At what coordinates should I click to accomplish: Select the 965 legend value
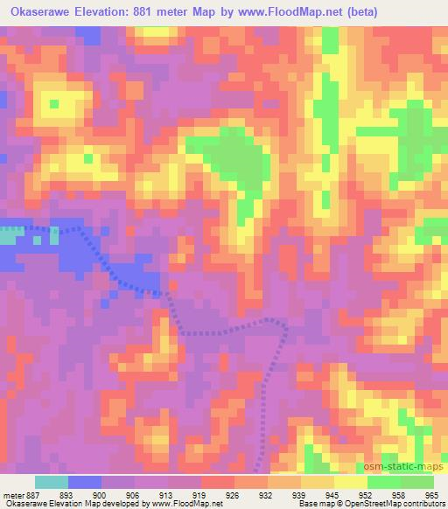430,495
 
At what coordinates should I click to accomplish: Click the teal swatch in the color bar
52,482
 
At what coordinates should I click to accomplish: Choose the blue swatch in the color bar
85,482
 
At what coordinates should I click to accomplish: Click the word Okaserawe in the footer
25,505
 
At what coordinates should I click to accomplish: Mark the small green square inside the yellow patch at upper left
54,104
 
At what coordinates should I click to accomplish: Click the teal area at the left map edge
8,235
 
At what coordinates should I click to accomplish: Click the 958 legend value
397,495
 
